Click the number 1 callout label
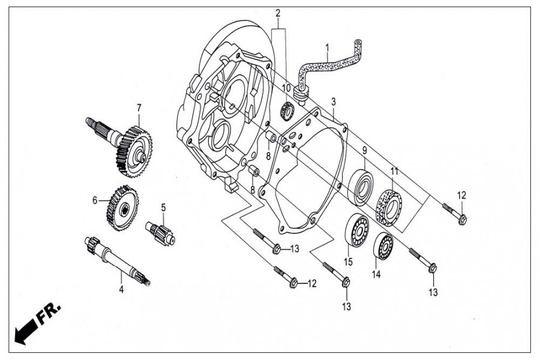click(x=327, y=47)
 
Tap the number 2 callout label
click(x=278, y=13)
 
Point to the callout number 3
click(x=334, y=102)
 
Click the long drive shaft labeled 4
click(x=117, y=261)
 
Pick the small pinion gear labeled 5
click(x=160, y=233)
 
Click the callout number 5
click(x=163, y=208)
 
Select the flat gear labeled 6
click(x=122, y=208)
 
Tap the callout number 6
click(x=95, y=200)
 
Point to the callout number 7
click(x=139, y=108)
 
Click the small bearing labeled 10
click(x=287, y=112)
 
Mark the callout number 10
click(x=286, y=88)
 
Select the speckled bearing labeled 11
click(x=390, y=207)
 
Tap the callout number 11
click(x=394, y=171)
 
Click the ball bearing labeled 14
click(x=383, y=247)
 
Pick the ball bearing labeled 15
click(x=357, y=230)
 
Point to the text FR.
click(x=49, y=314)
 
